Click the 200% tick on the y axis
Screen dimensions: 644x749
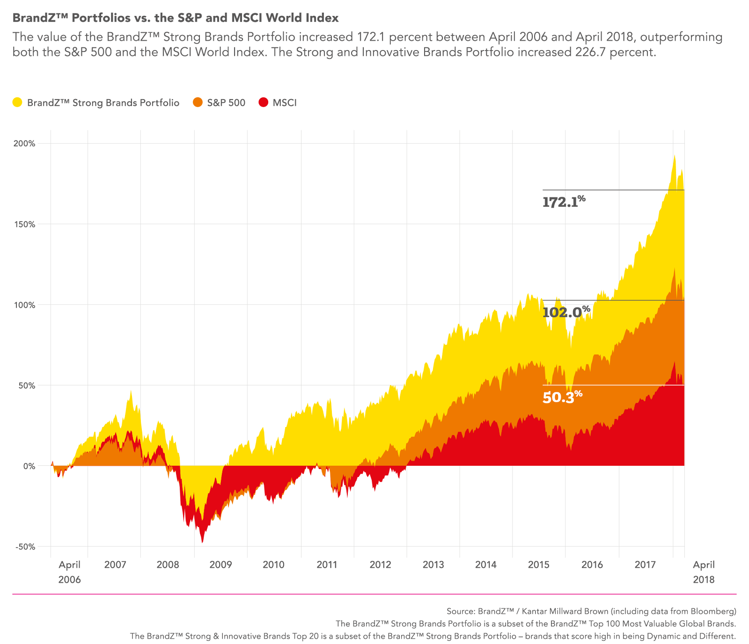24,144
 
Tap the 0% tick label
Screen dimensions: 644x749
29,466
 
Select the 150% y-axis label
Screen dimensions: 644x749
24,224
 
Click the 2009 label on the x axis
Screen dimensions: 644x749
220,564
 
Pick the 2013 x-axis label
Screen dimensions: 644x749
433,564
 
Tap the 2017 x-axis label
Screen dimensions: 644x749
645,564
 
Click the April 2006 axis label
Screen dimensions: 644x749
69,572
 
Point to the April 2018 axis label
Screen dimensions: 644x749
704,572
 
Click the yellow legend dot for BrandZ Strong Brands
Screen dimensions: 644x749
17,102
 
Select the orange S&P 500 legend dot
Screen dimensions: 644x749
198,102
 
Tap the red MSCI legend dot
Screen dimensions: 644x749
264,102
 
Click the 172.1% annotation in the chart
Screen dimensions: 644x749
563,202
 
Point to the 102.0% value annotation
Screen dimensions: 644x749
565,311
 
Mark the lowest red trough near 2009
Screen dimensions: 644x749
202,542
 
